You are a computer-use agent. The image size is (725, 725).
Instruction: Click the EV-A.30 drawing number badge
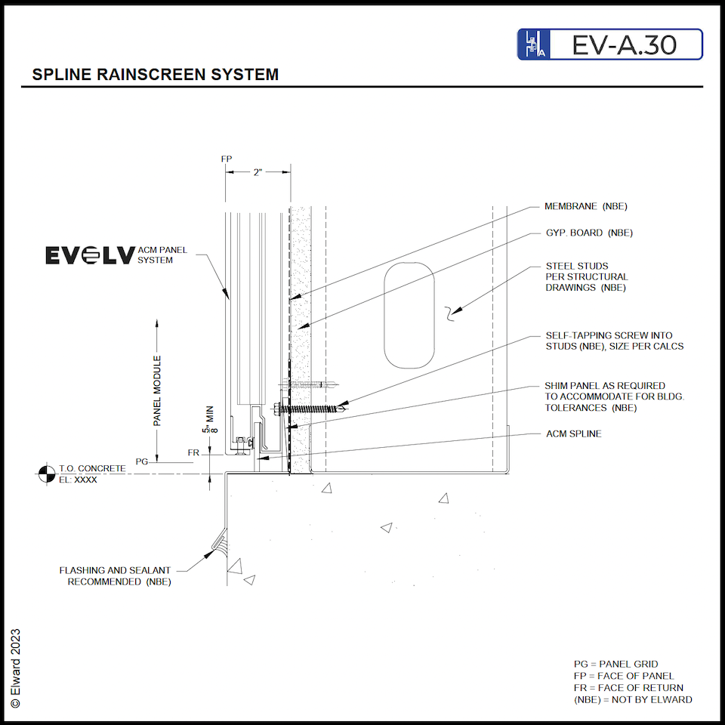(609, 45)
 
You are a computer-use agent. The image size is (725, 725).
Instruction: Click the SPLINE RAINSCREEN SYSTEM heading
(156, 75)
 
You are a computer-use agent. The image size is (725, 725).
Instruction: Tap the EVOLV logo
(89, 255)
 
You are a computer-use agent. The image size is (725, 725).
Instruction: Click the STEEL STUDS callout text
(586, 276)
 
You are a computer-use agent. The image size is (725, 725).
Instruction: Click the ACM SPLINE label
(574, 434)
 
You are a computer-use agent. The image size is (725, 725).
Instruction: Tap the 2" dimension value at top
(258, 173)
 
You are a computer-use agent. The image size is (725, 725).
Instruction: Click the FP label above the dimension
(226, 159)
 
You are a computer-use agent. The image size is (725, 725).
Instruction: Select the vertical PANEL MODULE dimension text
(158, 390)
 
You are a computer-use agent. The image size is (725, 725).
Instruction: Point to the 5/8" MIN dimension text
(208, 420)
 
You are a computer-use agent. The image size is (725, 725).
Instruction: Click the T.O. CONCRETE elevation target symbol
(46, 474)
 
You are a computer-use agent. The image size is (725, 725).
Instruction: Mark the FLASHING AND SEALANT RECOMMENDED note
(116, 575)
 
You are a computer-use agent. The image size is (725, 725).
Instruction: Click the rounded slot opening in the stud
(409, 313)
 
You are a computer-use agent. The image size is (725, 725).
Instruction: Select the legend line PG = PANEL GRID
(615, 665)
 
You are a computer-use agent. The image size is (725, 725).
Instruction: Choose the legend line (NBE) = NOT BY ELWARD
(633, 699)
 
